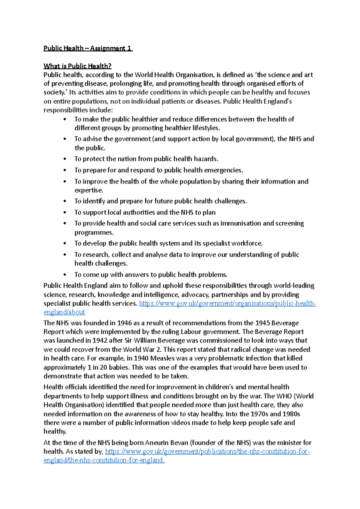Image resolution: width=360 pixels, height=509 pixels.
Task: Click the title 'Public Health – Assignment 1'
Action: (x=88, y=48)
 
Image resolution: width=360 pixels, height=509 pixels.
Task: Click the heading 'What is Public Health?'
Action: (x=77, y=66)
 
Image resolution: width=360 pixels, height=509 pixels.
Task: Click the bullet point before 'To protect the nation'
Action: (x=65, y=159)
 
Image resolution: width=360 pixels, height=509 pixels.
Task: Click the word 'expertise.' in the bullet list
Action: (x=89, y=190)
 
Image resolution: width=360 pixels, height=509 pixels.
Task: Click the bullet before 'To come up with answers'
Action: (x=65, y=275)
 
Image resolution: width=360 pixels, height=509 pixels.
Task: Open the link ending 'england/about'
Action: (x=64, y=312)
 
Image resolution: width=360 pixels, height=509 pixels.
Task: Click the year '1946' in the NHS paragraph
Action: (x=124, y=323)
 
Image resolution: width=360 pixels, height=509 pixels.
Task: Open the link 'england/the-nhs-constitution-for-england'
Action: (x=103, y=460)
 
